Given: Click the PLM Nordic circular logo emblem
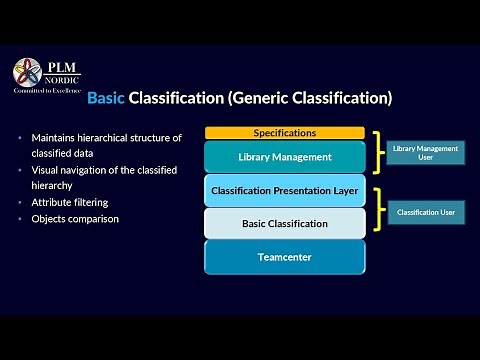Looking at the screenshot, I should coord(27,72).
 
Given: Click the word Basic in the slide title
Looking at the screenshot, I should coord(106,98).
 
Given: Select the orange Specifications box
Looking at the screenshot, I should coord(284,133).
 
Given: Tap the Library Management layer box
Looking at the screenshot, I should coord(284,157).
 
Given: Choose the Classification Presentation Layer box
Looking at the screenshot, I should coord(284,190).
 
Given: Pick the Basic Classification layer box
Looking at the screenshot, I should coord(284,223).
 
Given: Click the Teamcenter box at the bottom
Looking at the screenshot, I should coord(284,257).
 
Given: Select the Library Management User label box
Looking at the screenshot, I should coord(425,153).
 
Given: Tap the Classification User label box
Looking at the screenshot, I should coord(425,212).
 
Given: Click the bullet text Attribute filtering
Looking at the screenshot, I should coord(70,202).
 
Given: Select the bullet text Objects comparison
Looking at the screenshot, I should coord(75,218).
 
